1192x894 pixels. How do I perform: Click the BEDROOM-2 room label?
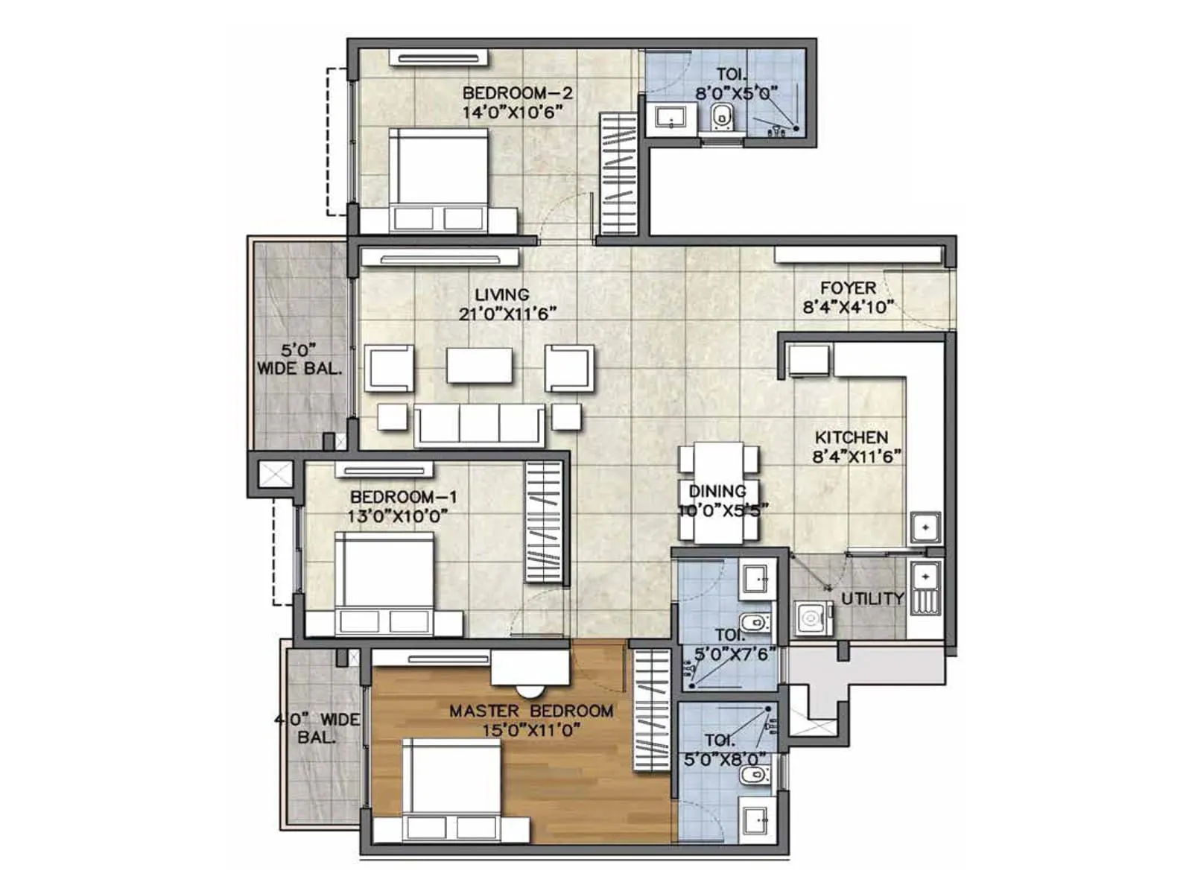[x=517, y=93]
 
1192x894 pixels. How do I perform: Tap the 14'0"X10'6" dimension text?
[x=511, y=112]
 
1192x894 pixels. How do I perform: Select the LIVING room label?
[x=502, y=294]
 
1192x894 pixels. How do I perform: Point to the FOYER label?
[x=848, y=288]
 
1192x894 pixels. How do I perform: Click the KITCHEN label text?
[x=851, y=437]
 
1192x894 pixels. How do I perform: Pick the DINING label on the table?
[x=717, y=491]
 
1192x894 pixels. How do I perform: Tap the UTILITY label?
[x=872, y=598]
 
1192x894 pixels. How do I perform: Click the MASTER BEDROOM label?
[x=530, y=711]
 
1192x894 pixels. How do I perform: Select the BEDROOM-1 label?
[x=404, y=497]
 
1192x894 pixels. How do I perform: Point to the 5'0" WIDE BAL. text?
[x=299, y=358]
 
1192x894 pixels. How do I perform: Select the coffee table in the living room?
[x=479, y=366]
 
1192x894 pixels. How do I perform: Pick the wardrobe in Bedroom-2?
[x=618, y=173]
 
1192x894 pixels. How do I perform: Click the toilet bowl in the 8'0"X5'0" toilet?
[x=722, y=116]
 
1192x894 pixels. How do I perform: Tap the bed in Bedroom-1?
[x=384, y=581]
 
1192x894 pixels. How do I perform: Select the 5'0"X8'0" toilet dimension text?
[x=725, y=759]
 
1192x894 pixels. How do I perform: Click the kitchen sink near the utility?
[x=925, y=527]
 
